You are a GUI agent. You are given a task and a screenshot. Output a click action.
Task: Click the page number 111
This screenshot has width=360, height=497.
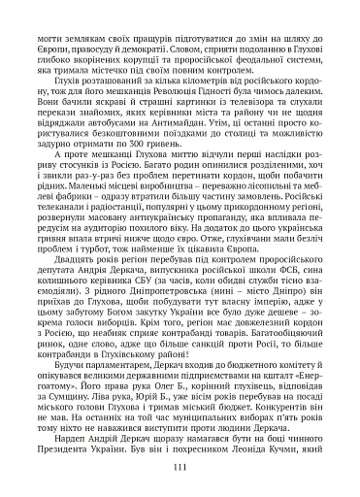click(180, 467)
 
